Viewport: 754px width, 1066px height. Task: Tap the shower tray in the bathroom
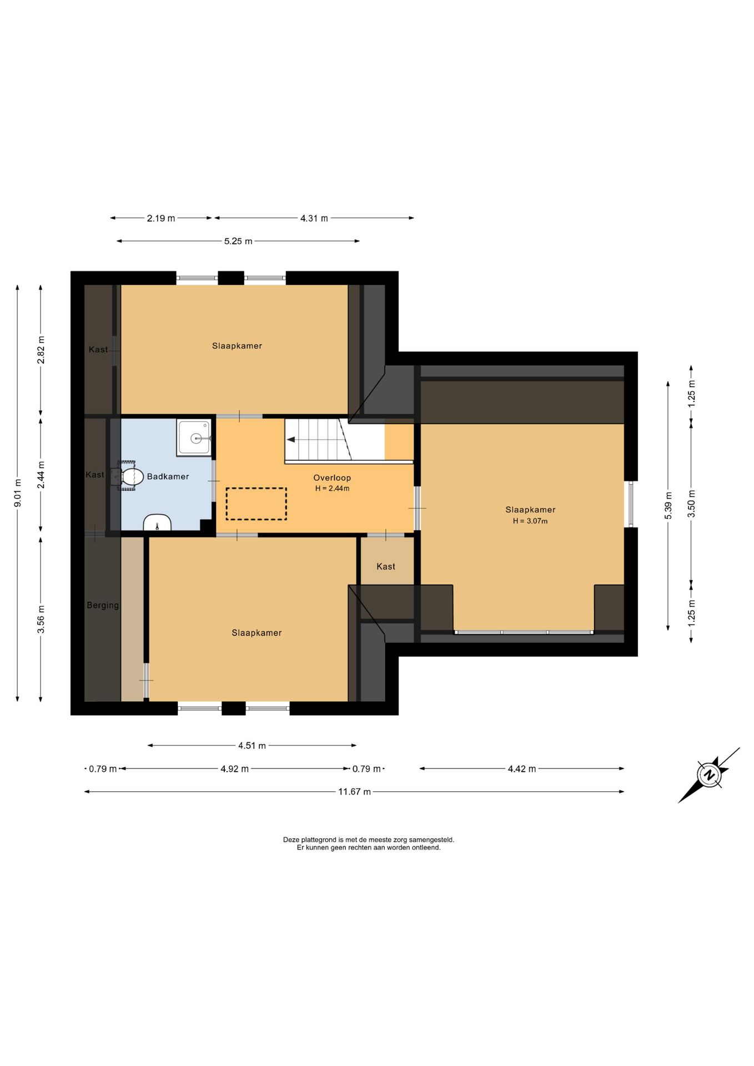pyautogui.click(x=194, y=438)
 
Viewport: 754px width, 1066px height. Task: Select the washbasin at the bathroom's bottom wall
pyautogui.click(x=157, y=522)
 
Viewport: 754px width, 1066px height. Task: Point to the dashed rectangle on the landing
pyautogui.click(x=256, y=504)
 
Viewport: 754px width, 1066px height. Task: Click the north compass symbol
pyautogui.click(x=709, y=775)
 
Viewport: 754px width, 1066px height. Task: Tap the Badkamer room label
pyautogui.click(x=168, y=476)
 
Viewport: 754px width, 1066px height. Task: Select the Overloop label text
pyautogui.click(x=332, y=477)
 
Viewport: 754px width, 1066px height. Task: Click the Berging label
pyautogui.click(x=103, y=605)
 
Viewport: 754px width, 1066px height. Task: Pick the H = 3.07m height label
pyautogui.click(x=530, y=521)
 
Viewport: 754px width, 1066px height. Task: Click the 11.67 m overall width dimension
pyautogui.click(x=355, y=792)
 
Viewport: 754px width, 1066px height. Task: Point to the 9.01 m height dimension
pyautogui.click(x=18, y=492)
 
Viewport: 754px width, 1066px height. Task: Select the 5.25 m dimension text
pyautogui.click(x=238, y=241)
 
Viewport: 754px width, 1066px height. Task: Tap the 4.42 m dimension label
pyautogui.click(x=522, y=769)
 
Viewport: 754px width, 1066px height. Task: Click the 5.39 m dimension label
pyautogui.click(x=668, y=505)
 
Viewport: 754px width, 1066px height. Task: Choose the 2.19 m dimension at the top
pyautogui.click(x=161, y=218)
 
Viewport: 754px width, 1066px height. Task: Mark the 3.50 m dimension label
pyautogui.click(x=691, y=504)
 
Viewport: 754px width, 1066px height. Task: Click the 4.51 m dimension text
pyautogui.click(x=252, y=746)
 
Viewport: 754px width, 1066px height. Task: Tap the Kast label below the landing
pyautogui.click(x=386, y=566)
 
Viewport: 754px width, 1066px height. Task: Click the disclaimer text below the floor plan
pyautogui.click(x=369, y=844)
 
